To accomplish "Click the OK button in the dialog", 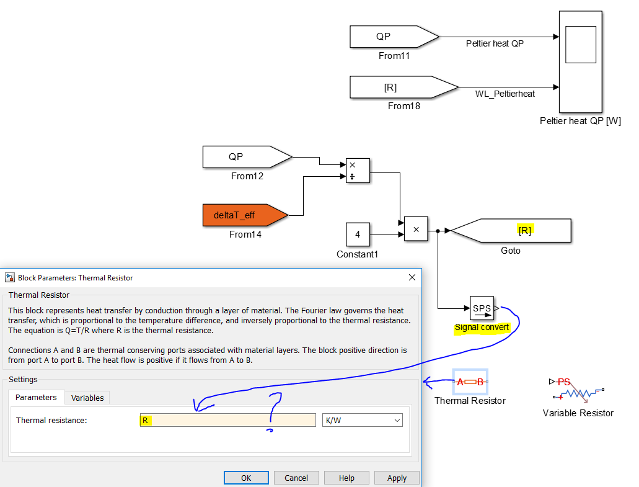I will pos(246,478).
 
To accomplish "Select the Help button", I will pos(346,478).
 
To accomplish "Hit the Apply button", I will pos(397,478).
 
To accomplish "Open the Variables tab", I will pos(88,398).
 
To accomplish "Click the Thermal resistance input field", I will pos(227,420).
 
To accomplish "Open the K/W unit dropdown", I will pos(363,420).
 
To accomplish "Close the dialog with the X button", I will pos(412,277).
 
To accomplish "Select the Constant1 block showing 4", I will pos(358,235).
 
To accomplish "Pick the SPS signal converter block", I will pos(482,308).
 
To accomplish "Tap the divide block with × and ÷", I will pos(358,171).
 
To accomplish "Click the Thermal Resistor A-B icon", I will pos(470,382).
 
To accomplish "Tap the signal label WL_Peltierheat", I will pos(505,94).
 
